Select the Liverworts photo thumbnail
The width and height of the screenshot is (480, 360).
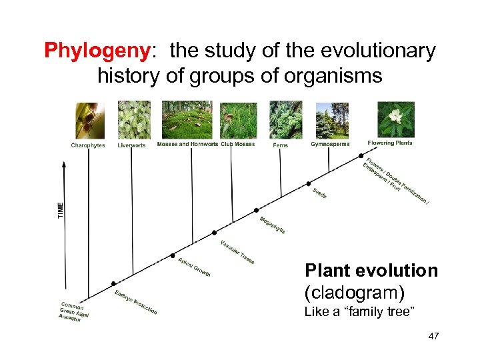tap(134, 120)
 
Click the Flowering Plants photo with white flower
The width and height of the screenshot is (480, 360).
tap(395, 119)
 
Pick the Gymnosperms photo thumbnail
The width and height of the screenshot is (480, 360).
tap(331, 120)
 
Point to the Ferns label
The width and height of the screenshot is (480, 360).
tap(280, 145)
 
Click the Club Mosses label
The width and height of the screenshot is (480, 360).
tap(237, 144)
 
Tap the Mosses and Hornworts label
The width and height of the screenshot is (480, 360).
tap(187, 144)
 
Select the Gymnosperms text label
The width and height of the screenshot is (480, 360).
tap(330, 144)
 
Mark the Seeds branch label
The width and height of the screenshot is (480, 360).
tap(319, 193)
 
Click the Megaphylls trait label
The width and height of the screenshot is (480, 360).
tap(272, 225)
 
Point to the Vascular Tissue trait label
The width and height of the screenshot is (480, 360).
tap(237, 251)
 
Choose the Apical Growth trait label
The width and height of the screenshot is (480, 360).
tap(194, 267)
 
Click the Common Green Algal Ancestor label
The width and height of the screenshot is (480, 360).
tap(75, 311)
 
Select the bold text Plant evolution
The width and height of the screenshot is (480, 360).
tap(371, 271)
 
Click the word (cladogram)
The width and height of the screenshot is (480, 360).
tap(355, 292)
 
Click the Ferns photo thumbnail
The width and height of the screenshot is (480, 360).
tap(285, 120)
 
